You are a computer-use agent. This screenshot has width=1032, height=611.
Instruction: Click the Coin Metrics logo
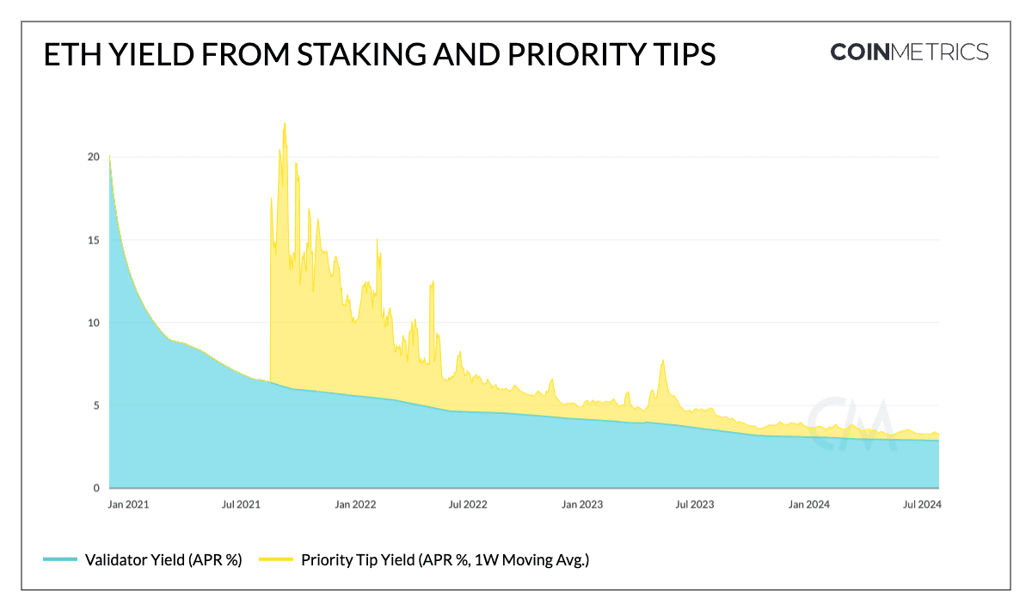[909, 52]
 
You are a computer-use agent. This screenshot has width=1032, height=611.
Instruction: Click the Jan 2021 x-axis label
[129, 505]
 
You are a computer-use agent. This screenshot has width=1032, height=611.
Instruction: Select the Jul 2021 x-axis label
[243, 505]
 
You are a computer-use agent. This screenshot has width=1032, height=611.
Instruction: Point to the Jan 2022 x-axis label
[355, 505]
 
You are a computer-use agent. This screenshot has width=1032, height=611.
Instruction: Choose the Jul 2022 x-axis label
[468, 505]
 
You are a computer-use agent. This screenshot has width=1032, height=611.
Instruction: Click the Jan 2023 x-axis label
[581, 505]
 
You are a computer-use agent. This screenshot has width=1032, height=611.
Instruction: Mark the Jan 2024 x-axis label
[808, 505]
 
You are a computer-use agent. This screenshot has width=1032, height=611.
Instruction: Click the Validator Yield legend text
[163, 560]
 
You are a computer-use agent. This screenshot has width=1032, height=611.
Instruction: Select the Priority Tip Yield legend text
[445, 560]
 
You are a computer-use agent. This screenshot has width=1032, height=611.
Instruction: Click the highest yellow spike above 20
[284, 124]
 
